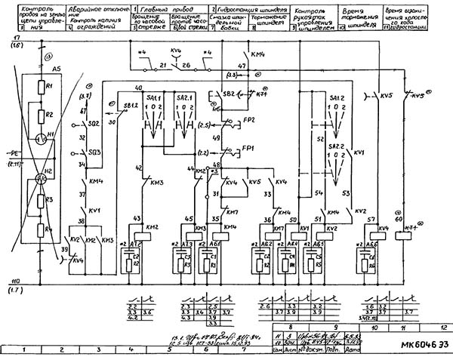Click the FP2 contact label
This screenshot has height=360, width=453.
point(248,119)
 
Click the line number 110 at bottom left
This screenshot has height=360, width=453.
point(15,281)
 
